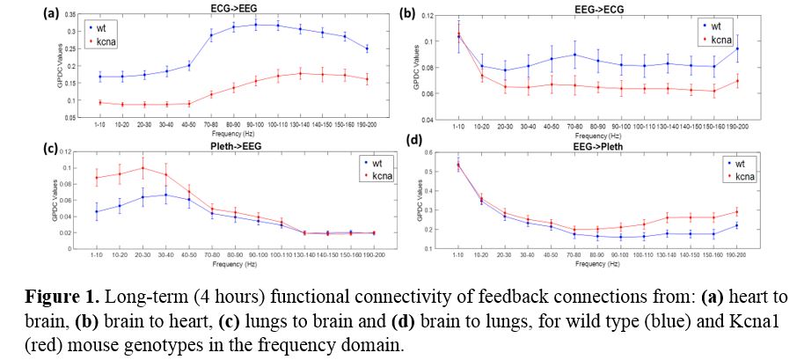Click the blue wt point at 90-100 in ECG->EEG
pos(256,25)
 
